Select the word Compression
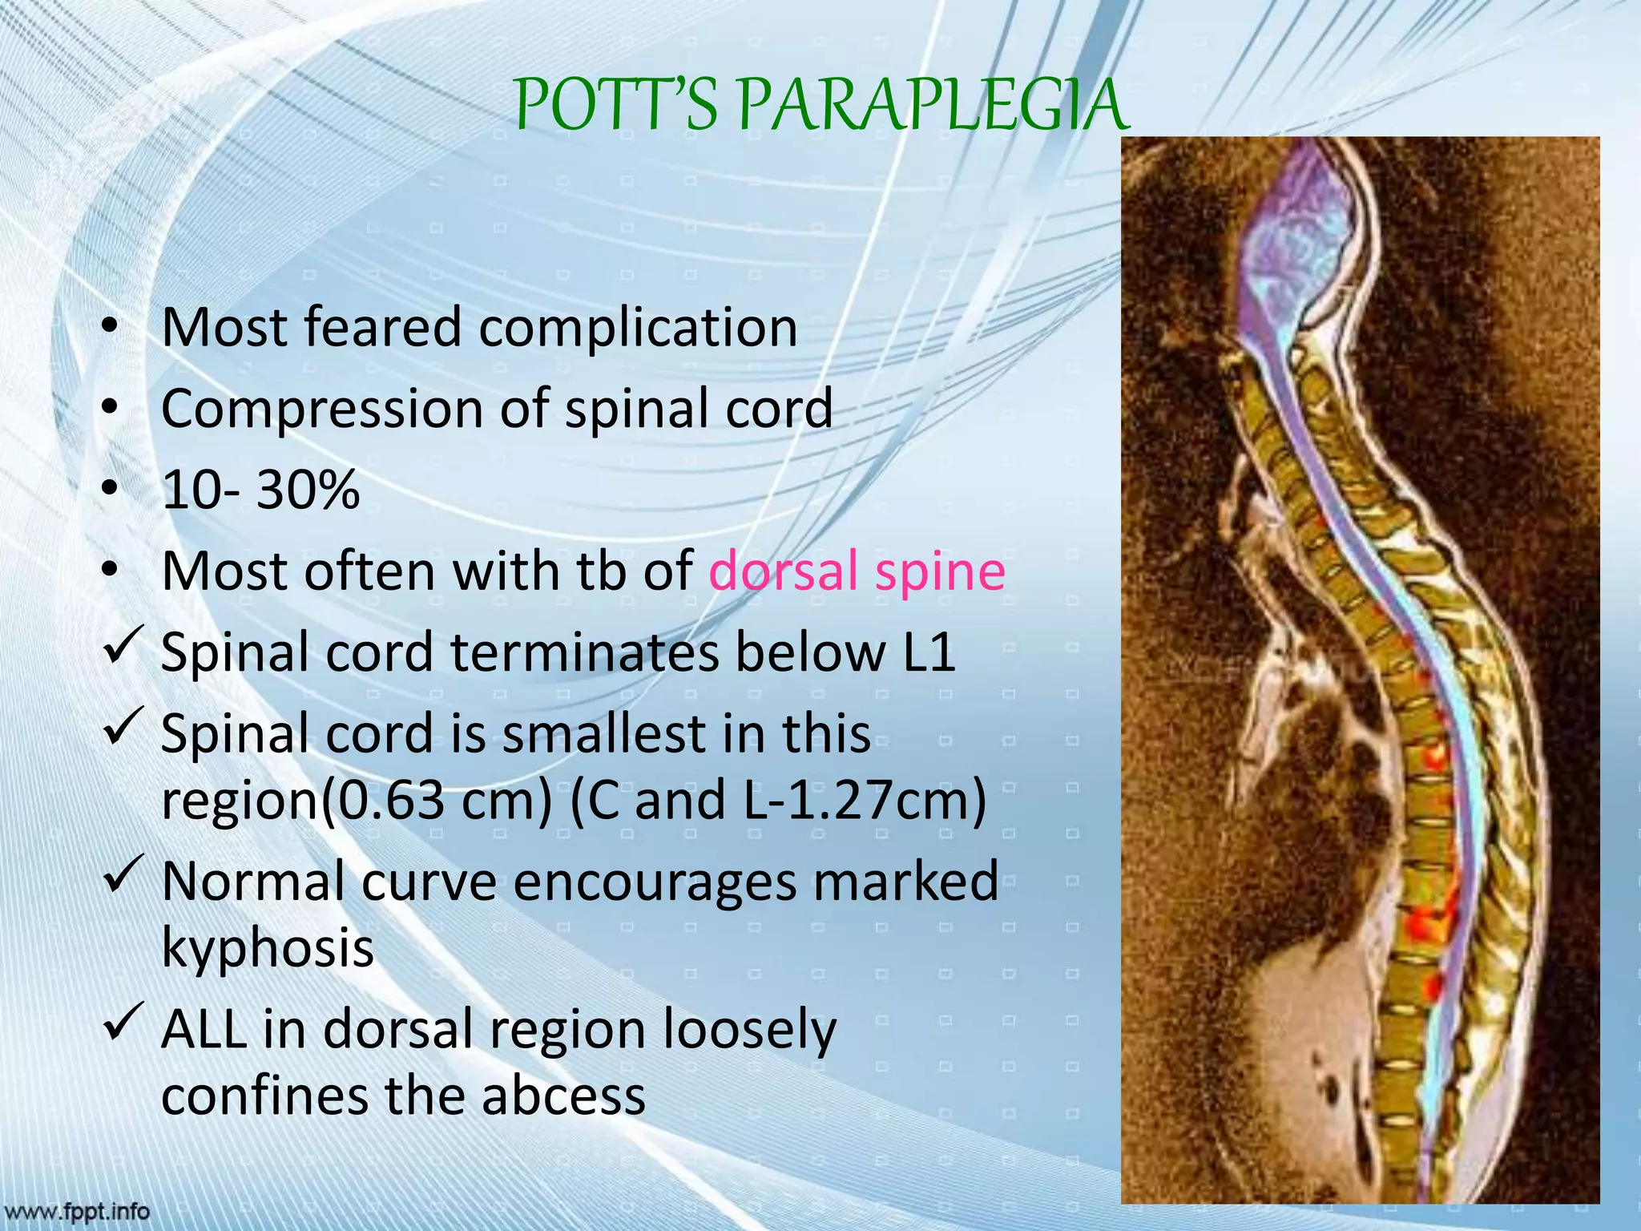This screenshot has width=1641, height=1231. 321,409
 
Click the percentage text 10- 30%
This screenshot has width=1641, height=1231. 260,490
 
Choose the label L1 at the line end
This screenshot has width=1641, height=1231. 929,652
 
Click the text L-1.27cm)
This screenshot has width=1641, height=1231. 865,801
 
